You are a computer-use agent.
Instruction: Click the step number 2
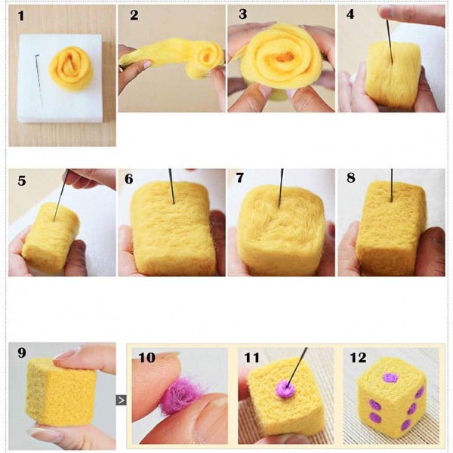[134, 16]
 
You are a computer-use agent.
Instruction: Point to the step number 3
[242, 15]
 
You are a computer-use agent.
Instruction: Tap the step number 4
[350, 15]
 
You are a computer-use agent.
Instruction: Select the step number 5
[22, 181]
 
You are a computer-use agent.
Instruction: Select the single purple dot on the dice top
[390, 377]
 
